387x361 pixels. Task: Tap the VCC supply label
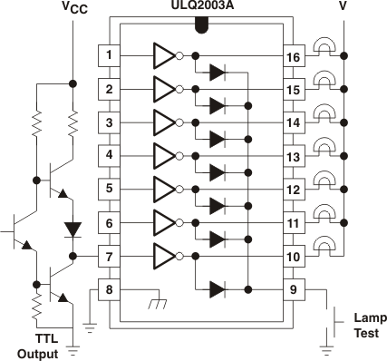(x=75, y=10)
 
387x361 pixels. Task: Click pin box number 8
(x=109, y=290)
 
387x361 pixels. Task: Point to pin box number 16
(x=294, y=56)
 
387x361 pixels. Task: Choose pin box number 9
(x=294, y=290)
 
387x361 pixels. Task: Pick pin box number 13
(x=294, y=157)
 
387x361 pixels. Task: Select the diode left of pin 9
(x=217, y=290)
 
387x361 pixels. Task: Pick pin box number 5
(x=109, y=190)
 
